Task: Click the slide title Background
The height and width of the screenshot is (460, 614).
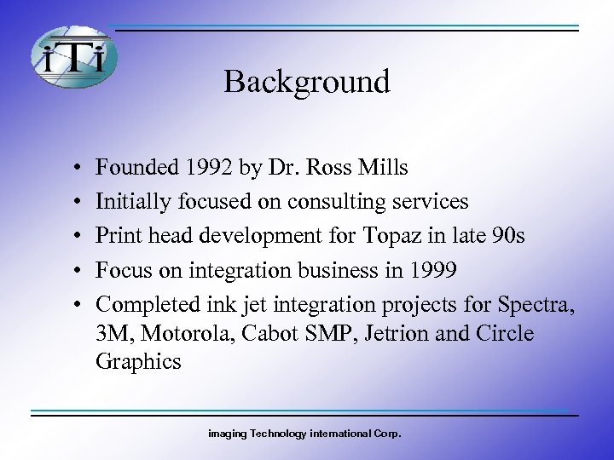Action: coord(307,82)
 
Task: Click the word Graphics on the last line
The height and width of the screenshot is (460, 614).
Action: coord(138,361)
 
